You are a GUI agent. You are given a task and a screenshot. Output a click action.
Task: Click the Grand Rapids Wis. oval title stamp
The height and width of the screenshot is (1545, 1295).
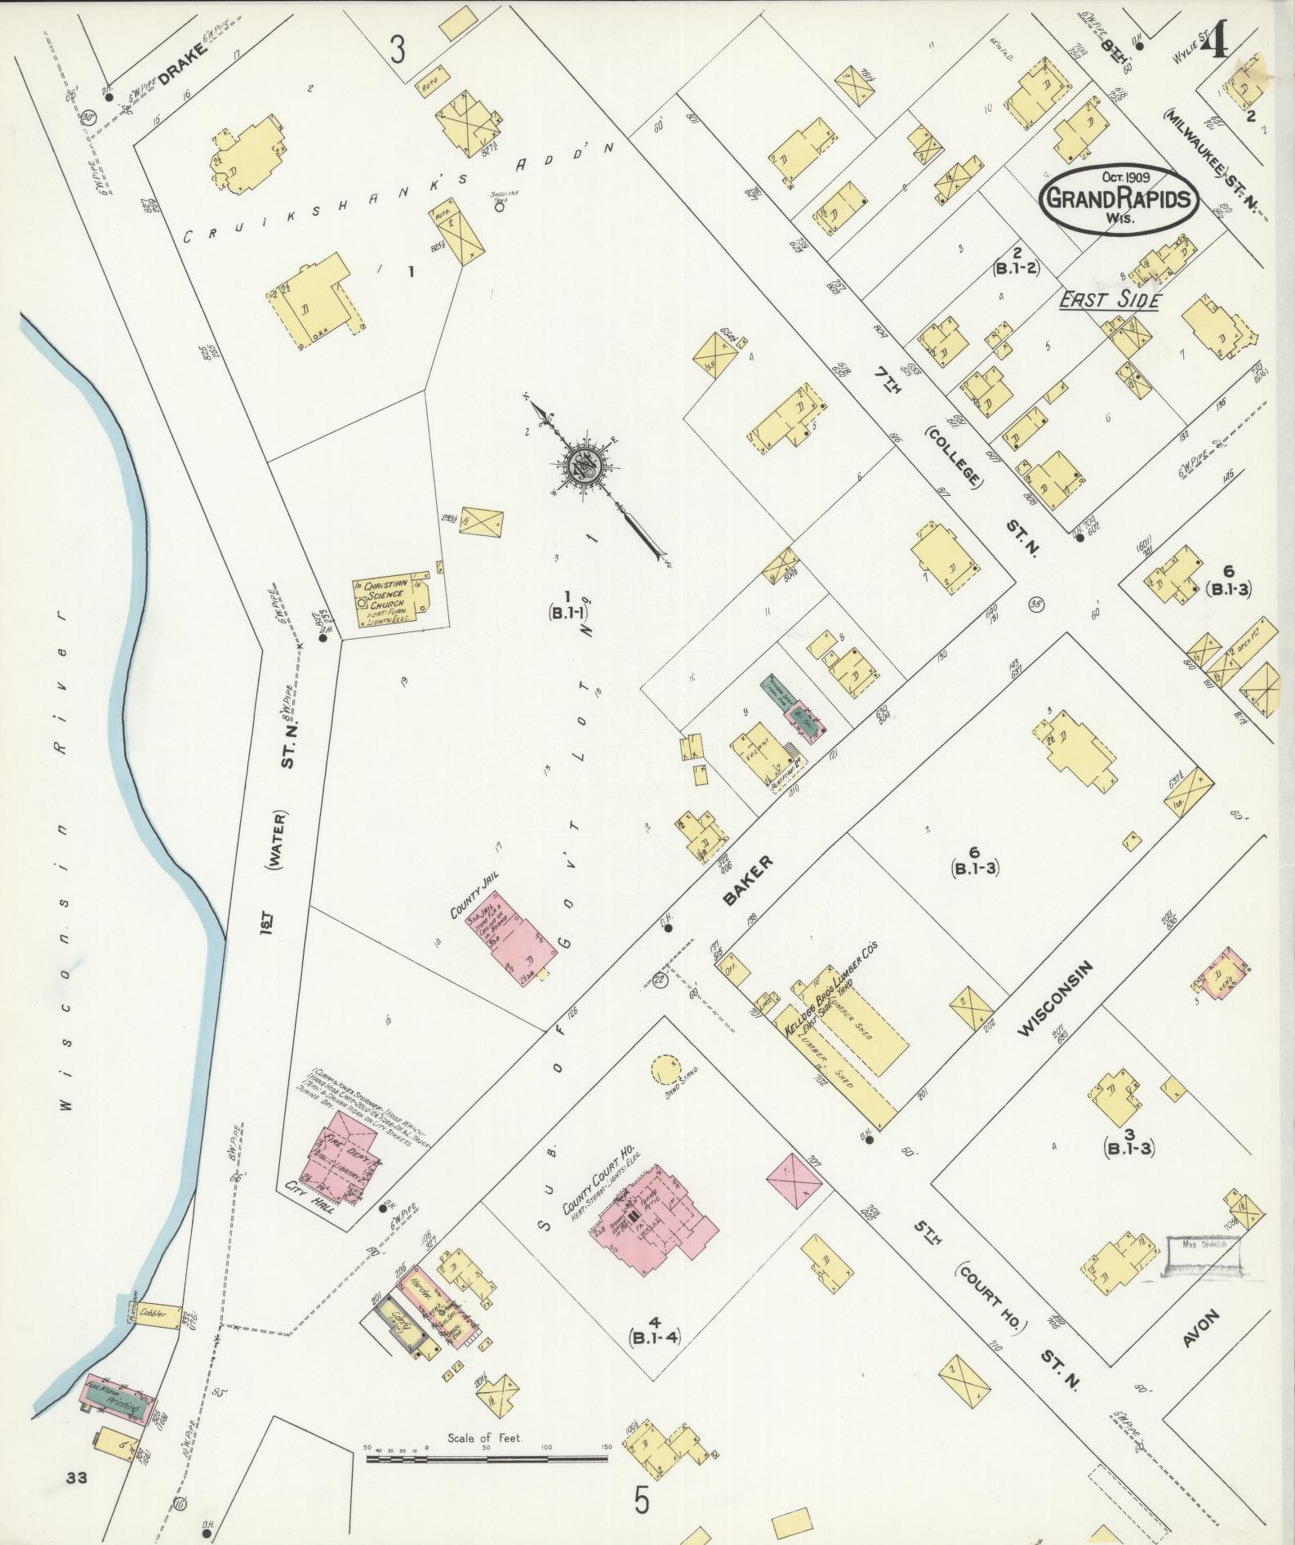(1119, 199)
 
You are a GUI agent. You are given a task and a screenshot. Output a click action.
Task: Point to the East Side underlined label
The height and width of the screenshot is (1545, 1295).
(1109, 301)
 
